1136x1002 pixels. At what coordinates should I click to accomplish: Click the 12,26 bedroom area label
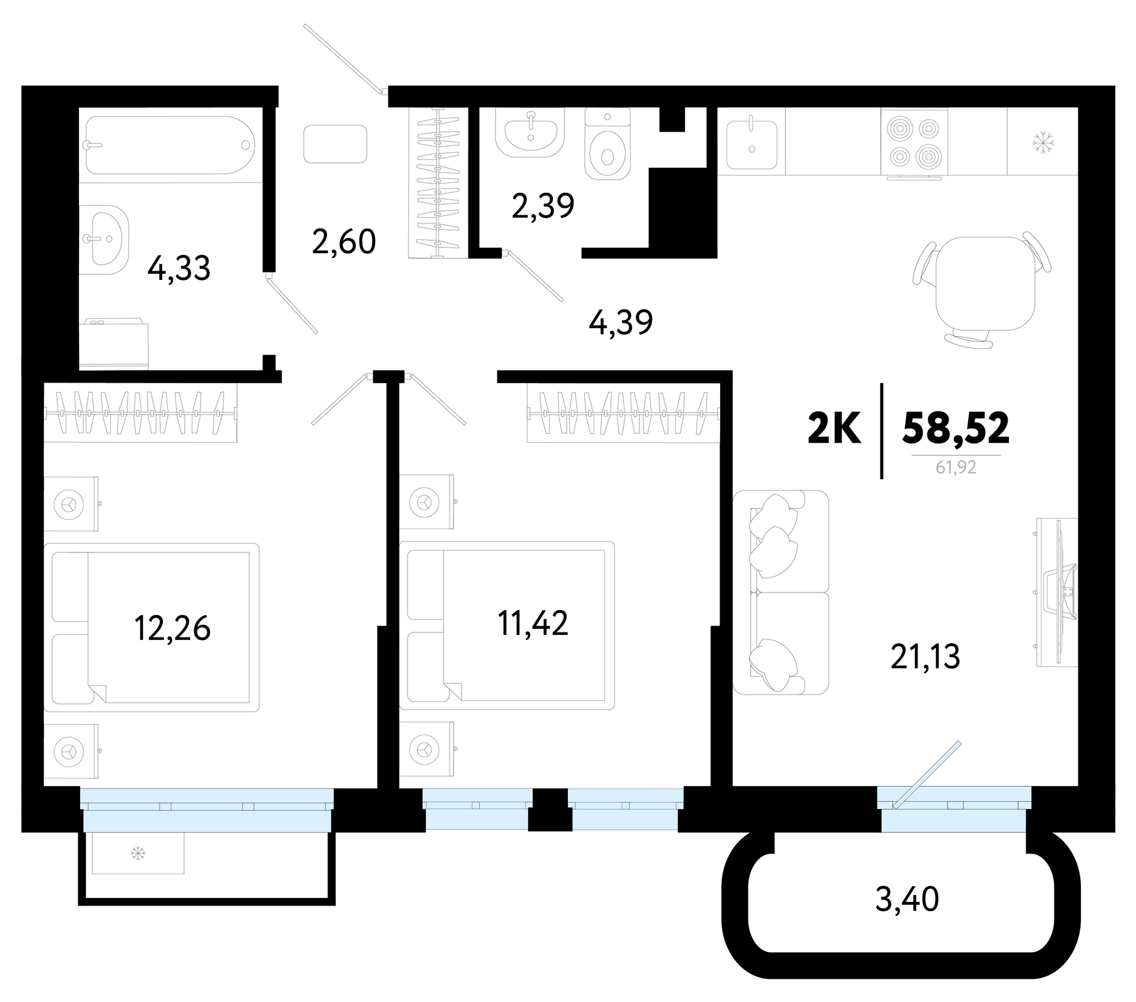point(172,628)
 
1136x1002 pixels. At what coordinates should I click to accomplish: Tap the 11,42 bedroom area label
point(533,624)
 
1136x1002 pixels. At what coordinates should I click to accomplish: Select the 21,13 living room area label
point(925,657)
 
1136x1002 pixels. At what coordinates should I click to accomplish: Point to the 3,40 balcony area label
point(907,900)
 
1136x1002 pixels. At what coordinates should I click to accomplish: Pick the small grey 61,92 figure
point(956,467)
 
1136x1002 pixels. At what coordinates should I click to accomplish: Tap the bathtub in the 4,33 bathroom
point(170,145)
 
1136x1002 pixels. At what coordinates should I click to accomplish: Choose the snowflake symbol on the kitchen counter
point(1043,142)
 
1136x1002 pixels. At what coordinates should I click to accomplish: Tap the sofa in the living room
point(780,592)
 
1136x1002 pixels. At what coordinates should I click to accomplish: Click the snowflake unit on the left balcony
point(138,853)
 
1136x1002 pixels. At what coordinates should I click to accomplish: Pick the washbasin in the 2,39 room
point(530,132)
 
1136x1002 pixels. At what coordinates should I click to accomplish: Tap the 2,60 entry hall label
point(344,242)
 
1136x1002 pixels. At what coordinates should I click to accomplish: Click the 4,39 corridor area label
point(621,323)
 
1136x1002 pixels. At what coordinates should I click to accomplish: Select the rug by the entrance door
point(335,144)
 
